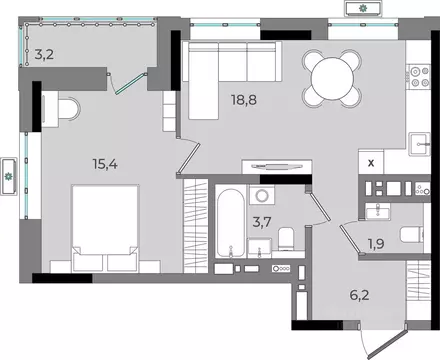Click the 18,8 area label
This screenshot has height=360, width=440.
[x=244, y=100]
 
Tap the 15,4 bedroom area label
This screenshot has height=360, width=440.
[x=105, y=164]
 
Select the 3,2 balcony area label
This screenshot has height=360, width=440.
[x=44, y=54]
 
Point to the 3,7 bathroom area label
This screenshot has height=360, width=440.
[x=262, y=222]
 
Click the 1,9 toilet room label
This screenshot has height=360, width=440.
[x=376, y=244]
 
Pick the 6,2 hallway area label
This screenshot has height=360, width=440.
[x=359, y=295]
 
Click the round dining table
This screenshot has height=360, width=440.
[x=332, y=79]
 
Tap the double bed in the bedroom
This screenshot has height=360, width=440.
[x=105, y=228]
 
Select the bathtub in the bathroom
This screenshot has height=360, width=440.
[x=231, y=223]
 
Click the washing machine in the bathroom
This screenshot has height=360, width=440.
[x=262, y=196]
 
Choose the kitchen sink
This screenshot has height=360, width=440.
[x=420, y=144]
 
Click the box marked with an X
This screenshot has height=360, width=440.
[x=371, y=163]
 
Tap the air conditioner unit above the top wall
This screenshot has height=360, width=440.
[x=363, y=8]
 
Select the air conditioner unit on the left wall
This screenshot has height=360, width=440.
[x=9, y=176]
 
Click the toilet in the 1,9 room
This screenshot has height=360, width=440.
[x=411, y=235]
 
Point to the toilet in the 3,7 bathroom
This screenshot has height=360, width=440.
[x=286, y=239]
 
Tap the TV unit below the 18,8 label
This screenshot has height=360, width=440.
[x=277, y=167]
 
